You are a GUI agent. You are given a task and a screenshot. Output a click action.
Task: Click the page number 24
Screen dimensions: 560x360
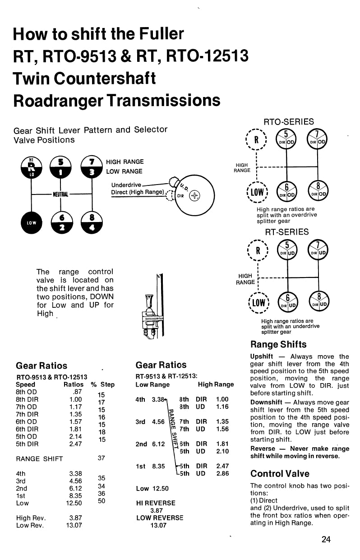326,539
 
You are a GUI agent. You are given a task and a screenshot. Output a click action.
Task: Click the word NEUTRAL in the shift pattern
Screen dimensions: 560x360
60,194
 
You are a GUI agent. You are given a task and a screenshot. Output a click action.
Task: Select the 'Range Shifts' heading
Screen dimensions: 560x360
278,344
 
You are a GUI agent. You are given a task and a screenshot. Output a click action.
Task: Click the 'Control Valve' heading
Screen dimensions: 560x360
280,473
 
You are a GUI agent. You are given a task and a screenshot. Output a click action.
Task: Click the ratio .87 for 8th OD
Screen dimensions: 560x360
77,392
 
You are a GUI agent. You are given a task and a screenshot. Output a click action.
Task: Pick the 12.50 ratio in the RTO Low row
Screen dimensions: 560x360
74,503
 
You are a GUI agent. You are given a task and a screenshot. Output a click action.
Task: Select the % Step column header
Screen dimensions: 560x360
102,384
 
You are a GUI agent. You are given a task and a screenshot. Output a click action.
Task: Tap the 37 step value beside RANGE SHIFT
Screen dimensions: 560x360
102,458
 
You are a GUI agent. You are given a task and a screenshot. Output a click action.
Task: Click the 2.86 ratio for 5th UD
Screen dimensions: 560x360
222,473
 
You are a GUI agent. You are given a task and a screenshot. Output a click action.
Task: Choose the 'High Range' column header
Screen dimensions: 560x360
216,384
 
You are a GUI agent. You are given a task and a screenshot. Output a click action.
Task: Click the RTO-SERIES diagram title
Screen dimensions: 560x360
288,122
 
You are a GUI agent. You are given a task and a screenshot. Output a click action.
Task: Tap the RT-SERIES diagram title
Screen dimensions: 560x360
287,232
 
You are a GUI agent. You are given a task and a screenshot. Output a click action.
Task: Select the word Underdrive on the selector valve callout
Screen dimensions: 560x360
126,185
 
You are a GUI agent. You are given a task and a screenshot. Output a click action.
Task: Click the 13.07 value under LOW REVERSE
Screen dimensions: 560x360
158,525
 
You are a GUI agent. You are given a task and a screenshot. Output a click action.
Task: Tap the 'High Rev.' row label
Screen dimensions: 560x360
31,518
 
